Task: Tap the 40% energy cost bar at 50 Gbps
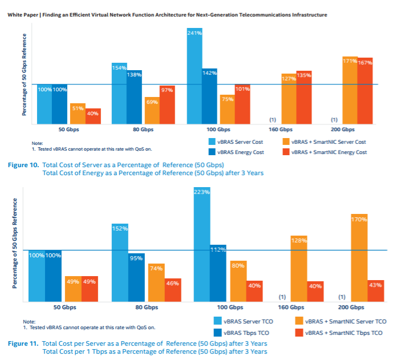[93, 116]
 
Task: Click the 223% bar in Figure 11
[202, 245]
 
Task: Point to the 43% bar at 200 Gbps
[376, 291]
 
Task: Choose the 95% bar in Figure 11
[136, 277]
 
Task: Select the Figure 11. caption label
[23, 343]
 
